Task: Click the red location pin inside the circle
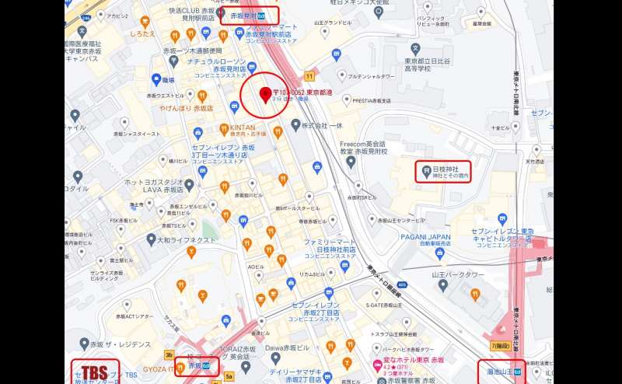264,95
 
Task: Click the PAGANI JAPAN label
426,237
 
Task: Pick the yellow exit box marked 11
309,75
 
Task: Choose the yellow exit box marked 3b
169,355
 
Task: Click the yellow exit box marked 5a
229,376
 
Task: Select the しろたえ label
144,34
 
